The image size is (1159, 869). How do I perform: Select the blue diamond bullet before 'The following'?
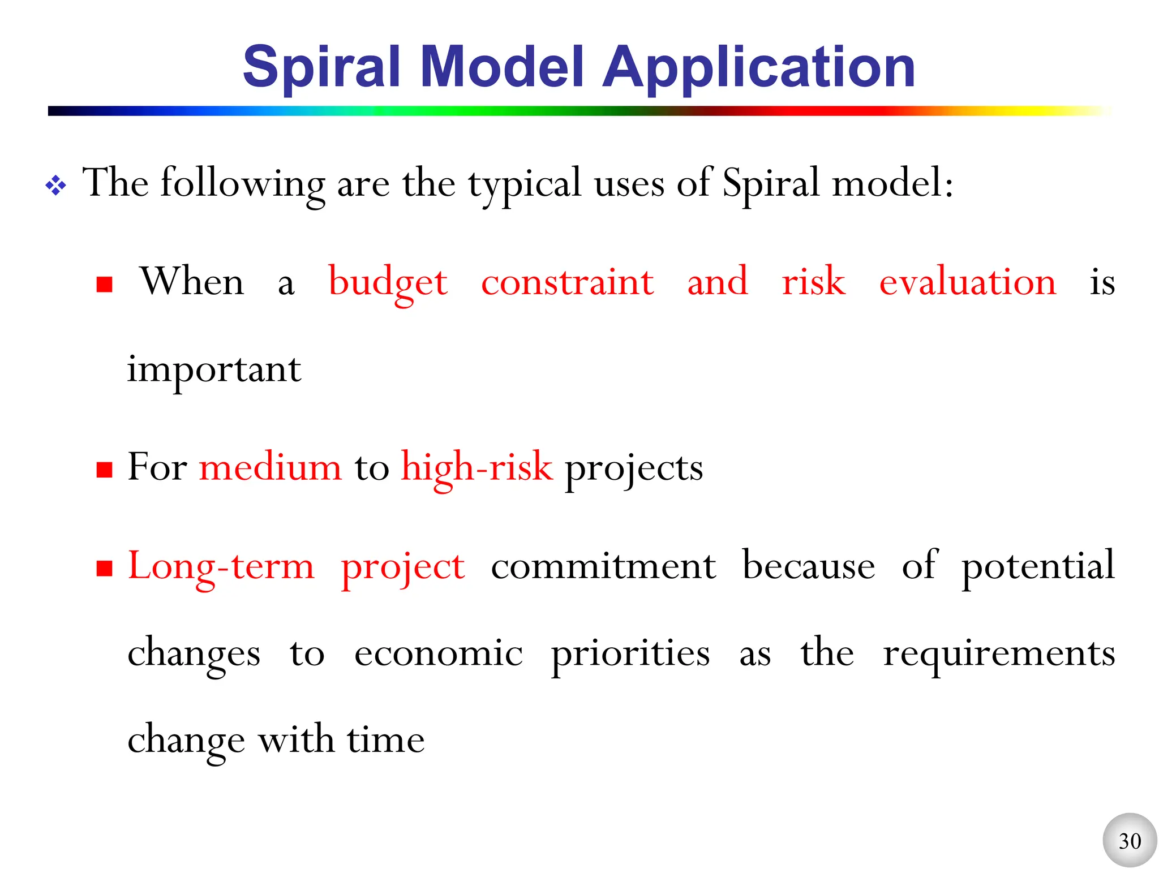[x=55, y=186]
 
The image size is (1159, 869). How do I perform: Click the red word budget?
[x=388, y=282]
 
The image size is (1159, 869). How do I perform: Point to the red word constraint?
[x=567, y=282]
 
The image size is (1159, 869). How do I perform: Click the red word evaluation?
[x=967, y=282]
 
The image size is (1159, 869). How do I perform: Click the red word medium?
[x=271, y=468]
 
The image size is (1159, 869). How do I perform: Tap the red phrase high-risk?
[x=477, y=468]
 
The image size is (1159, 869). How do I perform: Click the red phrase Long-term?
[x=221, y=566]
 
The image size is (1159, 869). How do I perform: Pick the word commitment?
[x=603, y=566]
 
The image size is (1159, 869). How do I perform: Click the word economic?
[x=438, y=654]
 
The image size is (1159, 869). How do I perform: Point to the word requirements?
[x=999, y=654]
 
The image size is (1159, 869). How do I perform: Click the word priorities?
[x=630, y=654]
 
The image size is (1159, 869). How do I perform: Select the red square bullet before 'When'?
[x=105, y=284]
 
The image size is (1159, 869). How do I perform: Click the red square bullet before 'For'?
[x=105, y=470]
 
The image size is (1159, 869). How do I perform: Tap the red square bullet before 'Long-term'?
[x=105, y=568]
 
